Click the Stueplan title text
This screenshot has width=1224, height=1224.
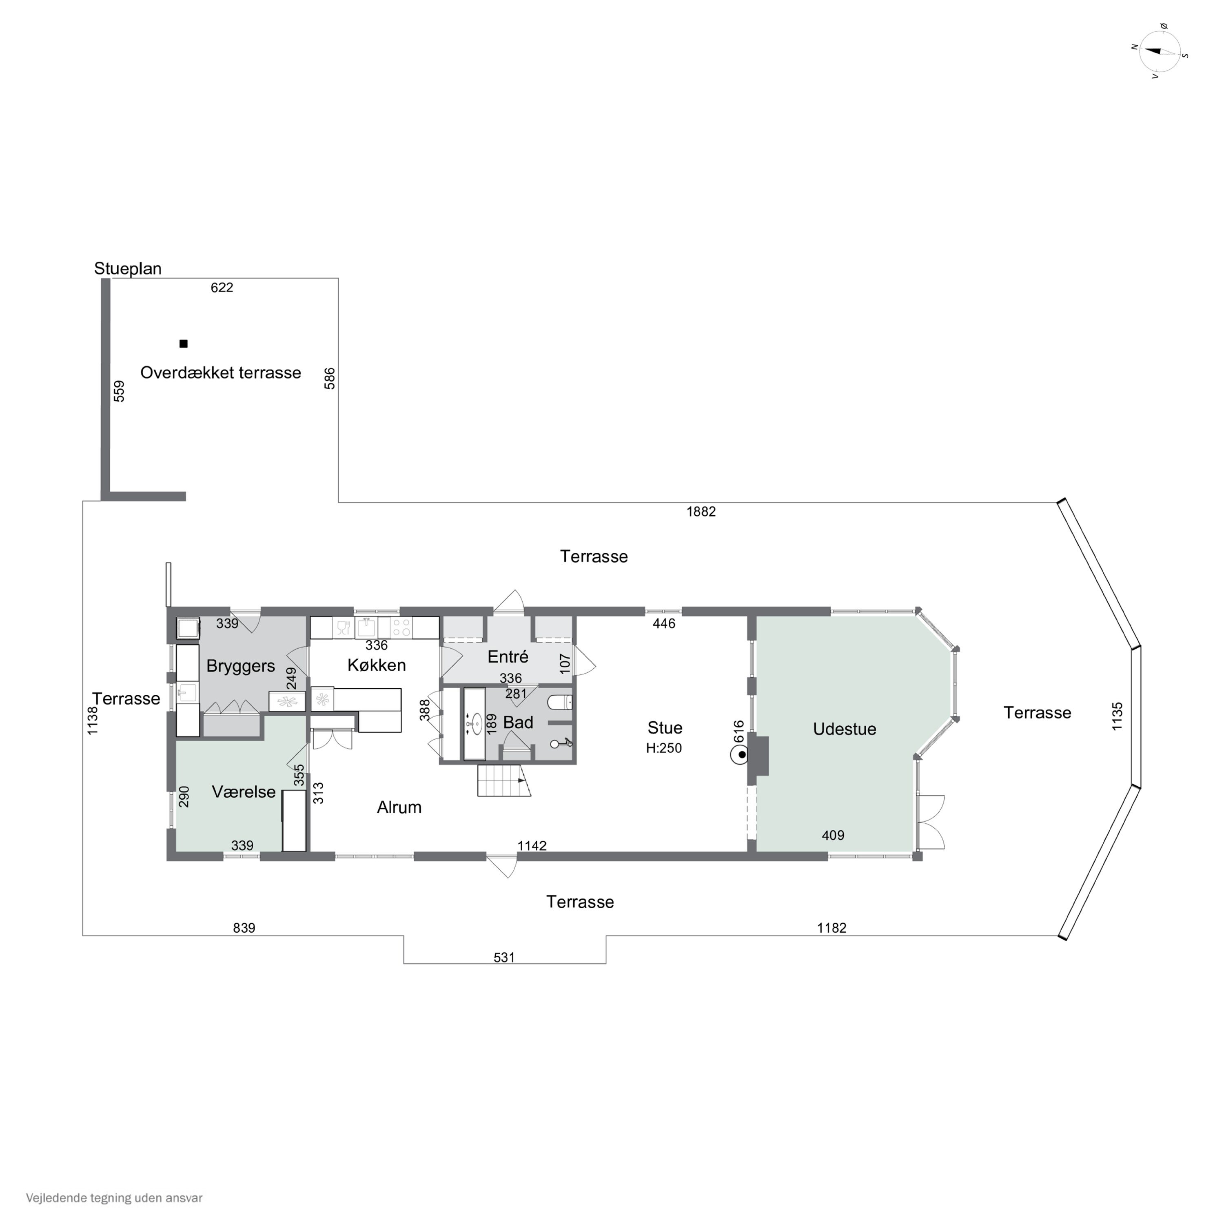point(128,268)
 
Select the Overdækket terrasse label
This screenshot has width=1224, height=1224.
point(220,373)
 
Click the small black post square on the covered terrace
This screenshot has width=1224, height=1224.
point(184,344)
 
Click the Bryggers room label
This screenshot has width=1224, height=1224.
point(241,666)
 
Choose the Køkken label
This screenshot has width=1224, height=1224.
point(376,665)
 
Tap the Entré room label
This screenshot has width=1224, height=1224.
point(508,657)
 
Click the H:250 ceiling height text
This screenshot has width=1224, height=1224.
point(663,748)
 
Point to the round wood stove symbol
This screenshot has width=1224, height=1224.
point(739,755)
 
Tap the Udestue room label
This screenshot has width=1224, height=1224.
point(845,729)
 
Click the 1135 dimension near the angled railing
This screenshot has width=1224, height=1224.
point(1118,716)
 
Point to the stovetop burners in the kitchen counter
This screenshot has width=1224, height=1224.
point(401,628)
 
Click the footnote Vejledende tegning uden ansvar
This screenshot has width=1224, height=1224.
point(114,1198)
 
